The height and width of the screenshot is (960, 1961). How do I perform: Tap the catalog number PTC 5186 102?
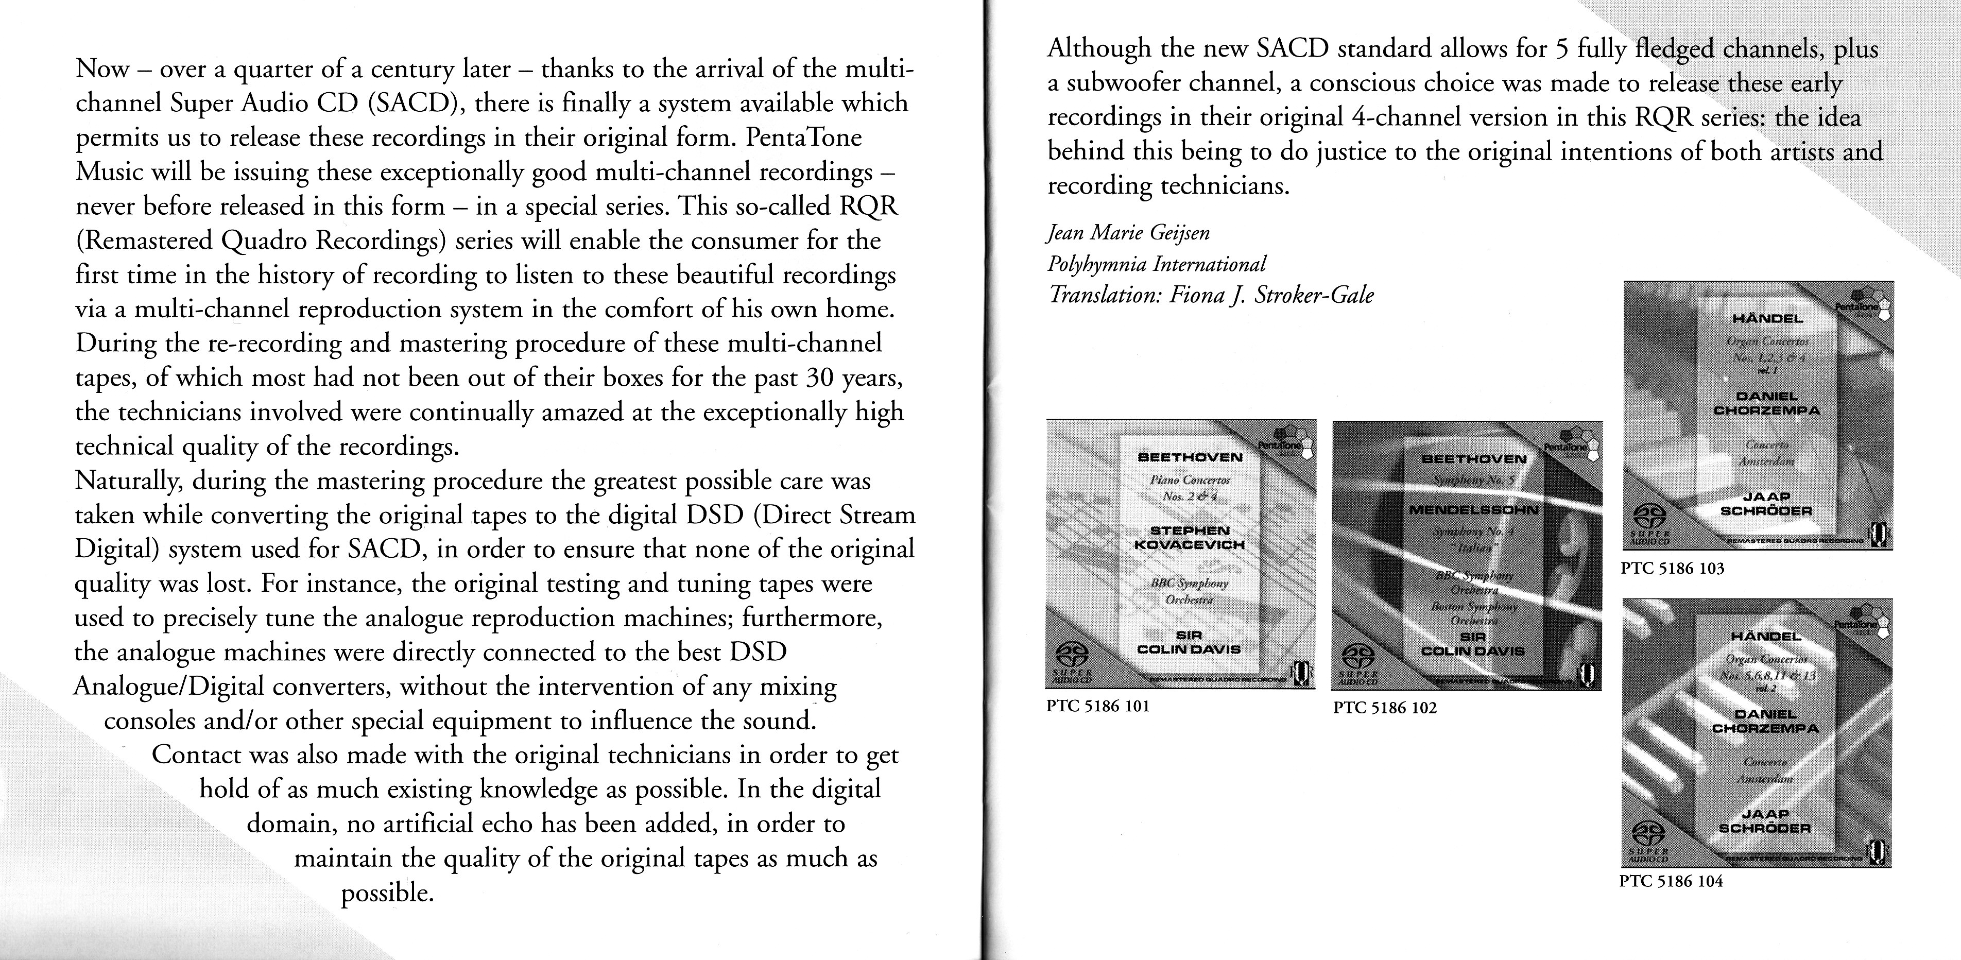point(1385,708)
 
